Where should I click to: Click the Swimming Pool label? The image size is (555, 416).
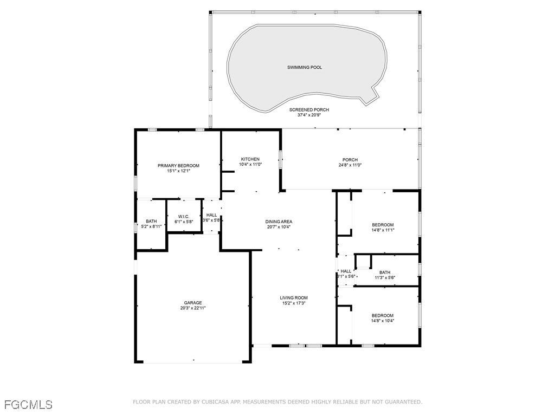pyautogui.click(x=305, y=67)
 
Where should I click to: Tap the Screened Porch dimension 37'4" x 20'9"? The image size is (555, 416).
pyautogui.click(x=309, y=115)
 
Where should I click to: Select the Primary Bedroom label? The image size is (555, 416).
pyautogui.click(x=178, y=166)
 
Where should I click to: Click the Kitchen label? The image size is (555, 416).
pyautogui.click(x=250, y=159)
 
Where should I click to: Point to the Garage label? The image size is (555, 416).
pyautogui.click(x=193, y=303)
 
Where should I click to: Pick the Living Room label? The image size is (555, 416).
pyautogui.click(x=294, y=298)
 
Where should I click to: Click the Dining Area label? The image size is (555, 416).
pyautogui.click(x=279, y=222)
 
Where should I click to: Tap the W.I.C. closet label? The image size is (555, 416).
pyautogui.click(x=184, y=217)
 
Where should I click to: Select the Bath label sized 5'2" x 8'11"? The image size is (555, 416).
pyautogui.click(x=151, y=222)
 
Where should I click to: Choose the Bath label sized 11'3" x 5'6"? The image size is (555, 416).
pyautogui.click(x=385, y=272)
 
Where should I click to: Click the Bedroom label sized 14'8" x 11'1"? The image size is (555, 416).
pyautogui.click(x=383, y=225)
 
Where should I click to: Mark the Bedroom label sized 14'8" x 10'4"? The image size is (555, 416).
pyautogui.click(x=383, y=316)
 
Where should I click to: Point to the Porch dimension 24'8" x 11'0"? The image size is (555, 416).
pyautogui.click(x=350, y=165)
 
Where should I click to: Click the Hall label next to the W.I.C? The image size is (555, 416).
pyautogui.click(x=212, y=215)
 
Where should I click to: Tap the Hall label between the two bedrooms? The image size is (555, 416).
pyautogui.click(x=346, y=271)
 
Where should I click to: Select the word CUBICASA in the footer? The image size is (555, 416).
pyautogui.click(x=217, y=402)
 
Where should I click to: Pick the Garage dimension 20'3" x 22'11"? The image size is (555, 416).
pyautogui.click(x=193, y=308)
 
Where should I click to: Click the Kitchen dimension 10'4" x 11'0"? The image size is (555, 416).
pyautogui.click(x=250, y=165)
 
